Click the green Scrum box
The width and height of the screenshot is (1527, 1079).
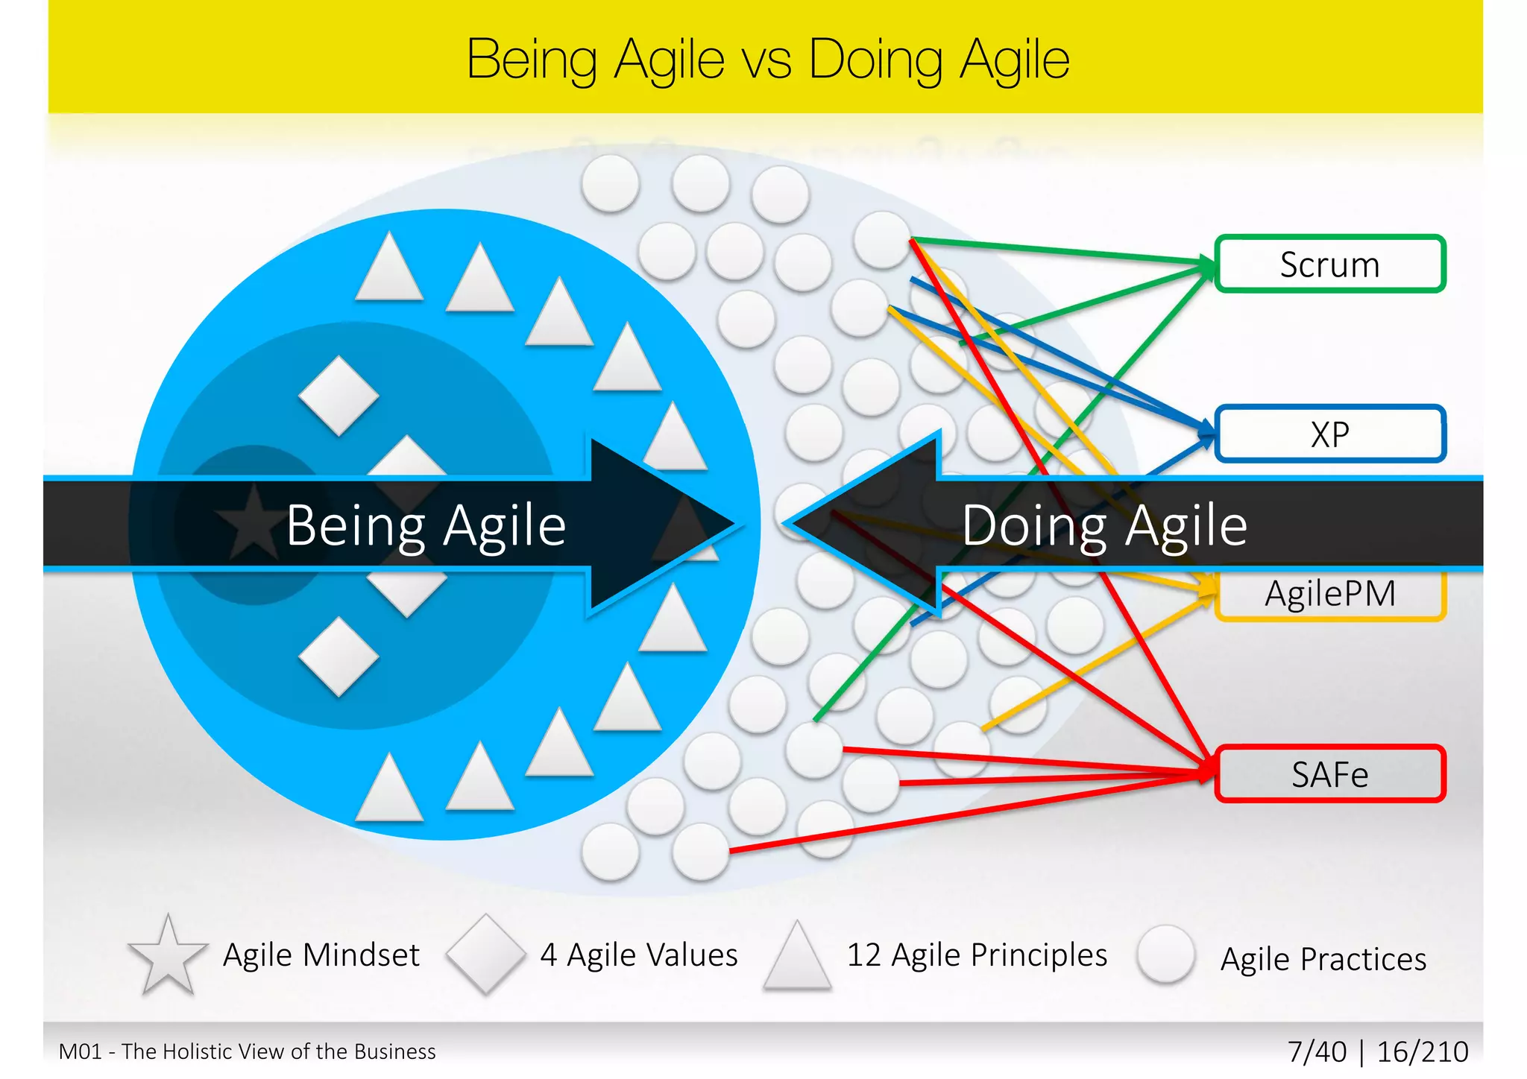[x=1329, y=264]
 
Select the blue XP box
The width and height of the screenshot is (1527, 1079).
[x=1329, y=434]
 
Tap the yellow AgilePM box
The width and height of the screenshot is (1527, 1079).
[x=1329, y=595]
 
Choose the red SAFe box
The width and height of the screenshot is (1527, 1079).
[x=1329, y=774]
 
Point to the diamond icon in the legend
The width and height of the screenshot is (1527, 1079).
[x=485, y=955]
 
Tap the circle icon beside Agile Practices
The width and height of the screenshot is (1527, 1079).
[x=1166, y=955]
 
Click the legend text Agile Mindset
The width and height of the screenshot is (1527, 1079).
[x=321, y=955]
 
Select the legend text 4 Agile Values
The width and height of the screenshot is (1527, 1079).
[x=639, y=955]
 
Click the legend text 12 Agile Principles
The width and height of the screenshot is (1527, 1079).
[x=977, y=955]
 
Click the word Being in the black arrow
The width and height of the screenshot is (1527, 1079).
[x=356, y=526]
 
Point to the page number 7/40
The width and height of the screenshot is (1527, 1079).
[x=1317, y=1052]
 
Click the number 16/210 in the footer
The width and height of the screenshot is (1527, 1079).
[x=1423, y=1052]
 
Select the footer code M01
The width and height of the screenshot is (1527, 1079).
[x=80, y=1052]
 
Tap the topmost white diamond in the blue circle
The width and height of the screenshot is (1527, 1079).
[x=339, y=396]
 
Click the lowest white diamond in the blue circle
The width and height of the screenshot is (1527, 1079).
[x=339, y=656]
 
